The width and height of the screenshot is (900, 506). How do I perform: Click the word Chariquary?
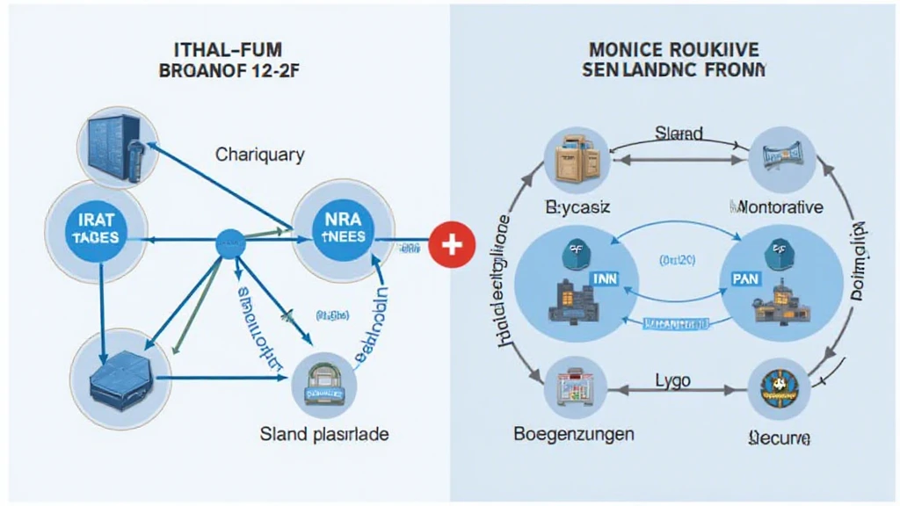260,155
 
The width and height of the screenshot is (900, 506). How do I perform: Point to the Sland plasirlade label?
324,434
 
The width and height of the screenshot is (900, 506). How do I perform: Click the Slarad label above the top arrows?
679,134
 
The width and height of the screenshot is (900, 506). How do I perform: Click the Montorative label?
777,207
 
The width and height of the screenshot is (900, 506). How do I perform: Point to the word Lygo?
672,380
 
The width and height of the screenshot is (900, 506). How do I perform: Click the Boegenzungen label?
573,434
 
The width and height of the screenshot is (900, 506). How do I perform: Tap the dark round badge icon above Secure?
776,387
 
